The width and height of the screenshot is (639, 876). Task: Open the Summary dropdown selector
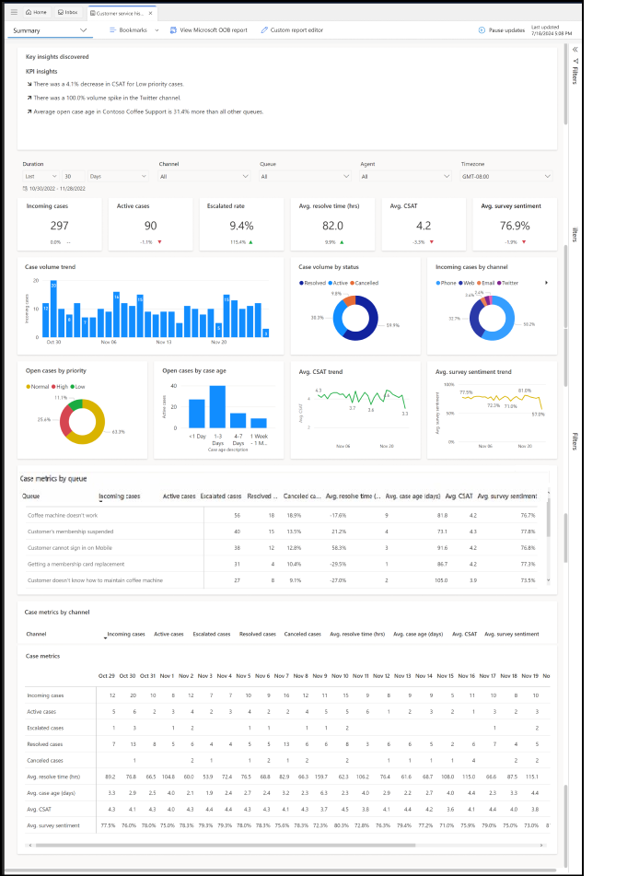pyautogui.click(x=52, y=30)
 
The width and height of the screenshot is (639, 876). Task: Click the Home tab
pyautogui.click(x=37, y=12)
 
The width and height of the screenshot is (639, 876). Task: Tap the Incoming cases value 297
pyautogui.click(x=59, y=226)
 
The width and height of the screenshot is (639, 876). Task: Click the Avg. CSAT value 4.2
pyautogui.click(x=422, y=226)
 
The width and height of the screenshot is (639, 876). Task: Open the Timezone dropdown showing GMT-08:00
pyautogui.click(x=506, y=176)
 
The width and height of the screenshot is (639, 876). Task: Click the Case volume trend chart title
pyautogui.click(x=52, y=266)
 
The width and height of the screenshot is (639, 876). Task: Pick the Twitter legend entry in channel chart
pyautogui.click(x=508, y=283)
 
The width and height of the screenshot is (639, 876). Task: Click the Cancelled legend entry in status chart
pyautogui.click(x=368, y=283)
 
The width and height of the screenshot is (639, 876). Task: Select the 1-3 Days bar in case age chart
pyautogui.click(x=217, y=415)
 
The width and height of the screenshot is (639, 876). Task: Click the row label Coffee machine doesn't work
pyautogui.click(x=63, y=515)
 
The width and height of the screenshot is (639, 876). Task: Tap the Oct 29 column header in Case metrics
pyautogui.click(x=107, y=676)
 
